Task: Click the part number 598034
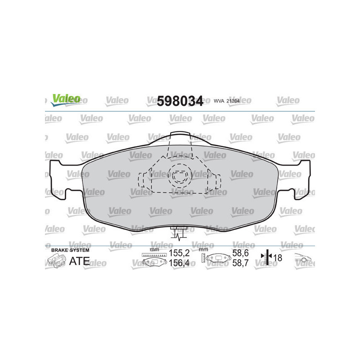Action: pyautogui.click(x=180, y=100)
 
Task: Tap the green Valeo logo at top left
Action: pyautogui.click(x=66, y=99)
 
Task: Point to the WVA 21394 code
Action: pyautogui.click(x=225, y=101)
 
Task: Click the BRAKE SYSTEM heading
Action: pyautogui.click(x=71, y=250)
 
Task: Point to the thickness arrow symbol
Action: pyautogui.click(x=266, y=258)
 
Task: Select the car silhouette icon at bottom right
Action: pyautogui.click(x=304, y=260)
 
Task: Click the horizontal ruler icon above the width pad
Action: pyautogui.click(x=154, y=255)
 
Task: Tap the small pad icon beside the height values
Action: pyautogui.click(x=216, y=259)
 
